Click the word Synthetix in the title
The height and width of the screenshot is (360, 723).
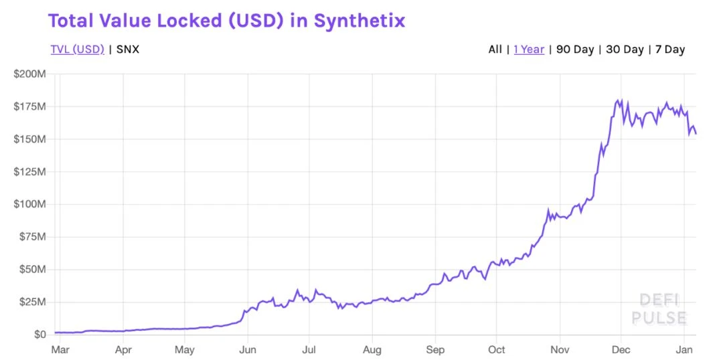[359, 21]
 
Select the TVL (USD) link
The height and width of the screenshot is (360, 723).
[77, 50]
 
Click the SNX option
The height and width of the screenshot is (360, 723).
[128, 50]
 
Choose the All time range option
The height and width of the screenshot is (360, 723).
[495, 50]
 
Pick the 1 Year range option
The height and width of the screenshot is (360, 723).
[529, 50]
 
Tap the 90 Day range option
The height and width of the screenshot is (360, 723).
[575, 50]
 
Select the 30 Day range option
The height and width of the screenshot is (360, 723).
[625, 50]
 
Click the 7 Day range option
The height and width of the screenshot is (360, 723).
[670, 50]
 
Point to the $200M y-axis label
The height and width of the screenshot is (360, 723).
[29, 74]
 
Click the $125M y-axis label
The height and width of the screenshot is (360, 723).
[29, 172]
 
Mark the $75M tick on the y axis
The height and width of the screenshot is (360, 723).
[31, 237]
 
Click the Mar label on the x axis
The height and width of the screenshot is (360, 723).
[60, 349]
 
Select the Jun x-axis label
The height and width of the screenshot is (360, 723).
[248, 349]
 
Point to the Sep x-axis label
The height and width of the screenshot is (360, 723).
[435, 349]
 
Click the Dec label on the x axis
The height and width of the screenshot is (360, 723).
[621, 349]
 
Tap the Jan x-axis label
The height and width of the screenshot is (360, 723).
[684, 349]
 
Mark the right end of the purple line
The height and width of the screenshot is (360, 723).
[696, 133]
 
